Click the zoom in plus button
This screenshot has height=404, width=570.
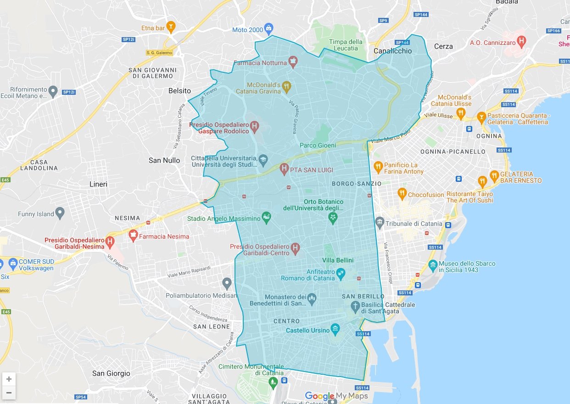pos(9,379)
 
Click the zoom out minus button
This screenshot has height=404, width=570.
pos(9,393)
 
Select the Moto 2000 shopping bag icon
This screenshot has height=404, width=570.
pos(269,29)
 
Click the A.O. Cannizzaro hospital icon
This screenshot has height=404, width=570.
pos(521,42)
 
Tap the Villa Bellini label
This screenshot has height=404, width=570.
pos(338,260)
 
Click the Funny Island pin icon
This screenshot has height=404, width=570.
pos(60,213)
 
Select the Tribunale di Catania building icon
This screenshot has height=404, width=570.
pos(380,223)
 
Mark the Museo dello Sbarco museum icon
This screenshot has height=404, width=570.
pos(432,265)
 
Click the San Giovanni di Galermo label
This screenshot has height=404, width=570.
pos(152,73)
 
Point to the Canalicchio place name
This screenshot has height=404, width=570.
pos(392,51)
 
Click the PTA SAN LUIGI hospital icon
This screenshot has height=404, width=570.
pos(284,169)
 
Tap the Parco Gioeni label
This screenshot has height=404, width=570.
pos(318,145)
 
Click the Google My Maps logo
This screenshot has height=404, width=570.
pos(336,396)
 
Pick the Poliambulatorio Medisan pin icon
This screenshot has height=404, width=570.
pos(227,283)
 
